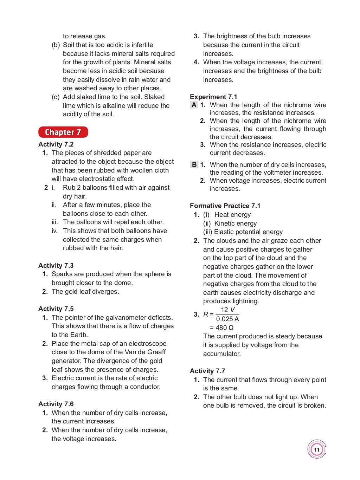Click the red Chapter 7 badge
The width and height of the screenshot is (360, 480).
tap(63, 132)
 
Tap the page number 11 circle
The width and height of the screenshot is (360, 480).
tap(317, 449)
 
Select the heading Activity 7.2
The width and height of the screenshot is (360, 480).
tap(56, 144)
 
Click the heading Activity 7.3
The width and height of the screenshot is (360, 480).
tap(56, 266)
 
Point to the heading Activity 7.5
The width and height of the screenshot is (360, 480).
tap(56, 309)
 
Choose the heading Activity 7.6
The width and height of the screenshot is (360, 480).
tap(56, 404)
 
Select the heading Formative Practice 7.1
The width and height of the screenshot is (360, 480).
tap(225, 206)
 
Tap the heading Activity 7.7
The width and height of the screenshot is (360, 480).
tap(207, 371)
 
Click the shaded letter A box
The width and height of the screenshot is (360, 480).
tap(194, 105)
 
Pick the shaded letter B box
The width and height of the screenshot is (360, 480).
tap(194, 165)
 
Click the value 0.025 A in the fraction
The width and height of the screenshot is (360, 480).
tap(227, 319)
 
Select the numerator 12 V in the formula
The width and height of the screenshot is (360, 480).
tap(227, 310)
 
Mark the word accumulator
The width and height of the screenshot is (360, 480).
tap(221, 354)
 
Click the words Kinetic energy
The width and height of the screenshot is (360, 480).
tap(235, 223)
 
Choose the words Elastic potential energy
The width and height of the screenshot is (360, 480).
tap(248, 232)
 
